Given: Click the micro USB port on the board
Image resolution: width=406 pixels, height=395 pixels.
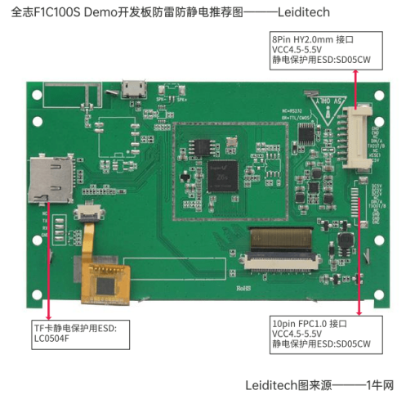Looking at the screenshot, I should pos(132,88).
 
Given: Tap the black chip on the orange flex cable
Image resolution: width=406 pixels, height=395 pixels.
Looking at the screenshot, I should pos(106,285).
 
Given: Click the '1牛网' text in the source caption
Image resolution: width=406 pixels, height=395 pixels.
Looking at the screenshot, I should pos(381,384).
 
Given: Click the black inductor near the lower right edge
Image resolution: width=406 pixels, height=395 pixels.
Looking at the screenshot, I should pos(346,240).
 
